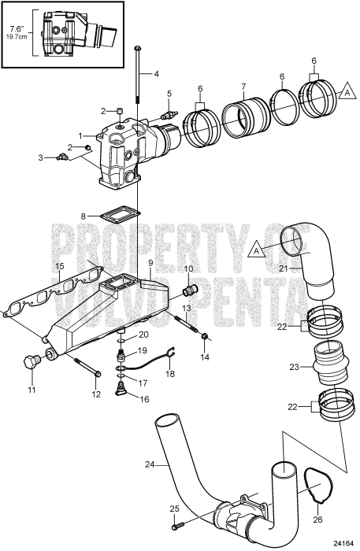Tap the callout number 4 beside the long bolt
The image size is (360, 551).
[155, 74]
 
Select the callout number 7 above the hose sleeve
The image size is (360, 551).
[243, 86]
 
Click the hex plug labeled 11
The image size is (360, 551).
[33, 364]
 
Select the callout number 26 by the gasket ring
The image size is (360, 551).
[317, 518]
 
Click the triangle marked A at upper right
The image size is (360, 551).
[344, 92]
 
